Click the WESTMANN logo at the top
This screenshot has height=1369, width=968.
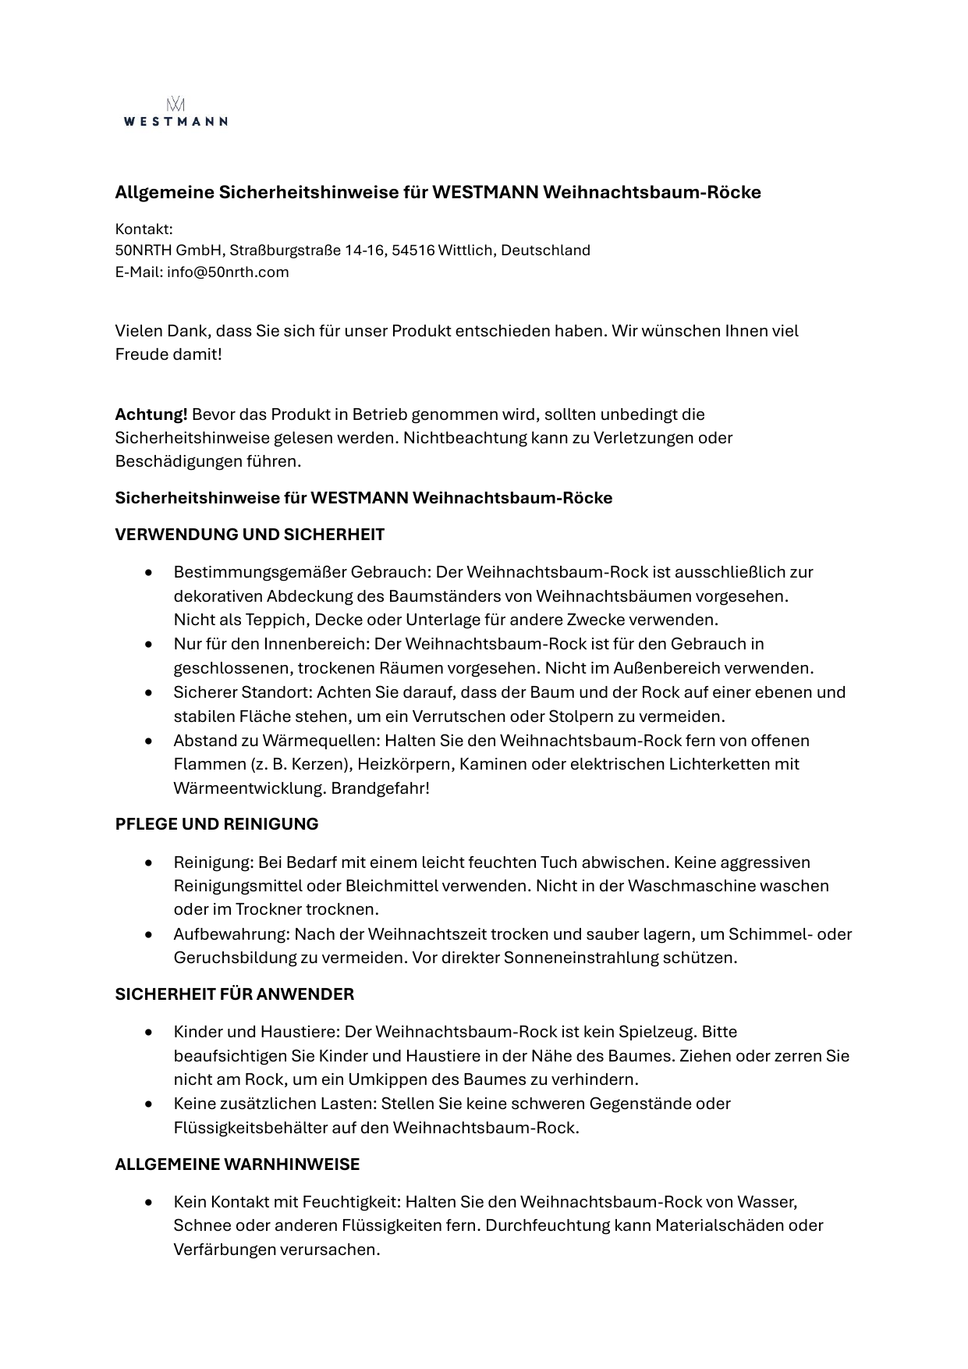[176, 112]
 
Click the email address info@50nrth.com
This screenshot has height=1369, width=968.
[228, 272]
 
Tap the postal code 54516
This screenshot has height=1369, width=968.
[413, 251]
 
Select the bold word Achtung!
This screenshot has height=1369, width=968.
[151, 414]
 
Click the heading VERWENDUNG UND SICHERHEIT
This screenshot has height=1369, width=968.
[250, 535]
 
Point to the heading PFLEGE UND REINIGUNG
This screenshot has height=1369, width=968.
[217, 824]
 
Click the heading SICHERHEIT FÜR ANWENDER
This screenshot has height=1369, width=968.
[234, 994]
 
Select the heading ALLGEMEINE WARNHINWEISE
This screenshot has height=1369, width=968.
[237, 1165]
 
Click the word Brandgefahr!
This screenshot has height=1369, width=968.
[381, 788]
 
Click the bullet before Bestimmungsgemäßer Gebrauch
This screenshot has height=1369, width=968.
[148, 573]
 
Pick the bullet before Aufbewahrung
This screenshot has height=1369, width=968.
[148, 934]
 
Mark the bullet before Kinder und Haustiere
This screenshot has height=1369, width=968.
[148, 1033]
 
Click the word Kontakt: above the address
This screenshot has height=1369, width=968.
[144, 229]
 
